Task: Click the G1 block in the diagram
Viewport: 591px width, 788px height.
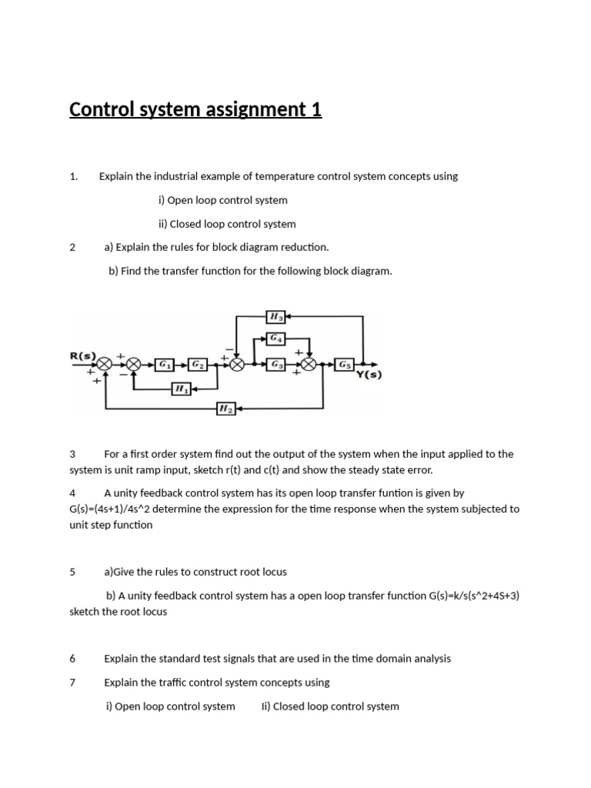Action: [165, 364]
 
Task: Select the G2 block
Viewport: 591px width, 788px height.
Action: [198, 364]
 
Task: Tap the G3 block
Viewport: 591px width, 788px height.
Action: [275, 364]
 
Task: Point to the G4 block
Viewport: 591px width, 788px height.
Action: [275, 337]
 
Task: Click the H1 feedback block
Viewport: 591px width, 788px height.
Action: [182, 389]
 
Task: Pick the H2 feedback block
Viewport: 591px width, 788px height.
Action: [225, 409]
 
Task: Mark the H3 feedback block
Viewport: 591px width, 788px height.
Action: [275, 316]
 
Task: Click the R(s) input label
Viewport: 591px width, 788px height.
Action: [83, 356]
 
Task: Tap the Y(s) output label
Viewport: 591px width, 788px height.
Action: [368, 376]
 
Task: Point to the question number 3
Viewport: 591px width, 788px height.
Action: [72, 454]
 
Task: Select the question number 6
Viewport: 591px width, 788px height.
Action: [72, 659]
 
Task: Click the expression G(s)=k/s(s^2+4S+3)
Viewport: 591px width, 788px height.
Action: [474, 595]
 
